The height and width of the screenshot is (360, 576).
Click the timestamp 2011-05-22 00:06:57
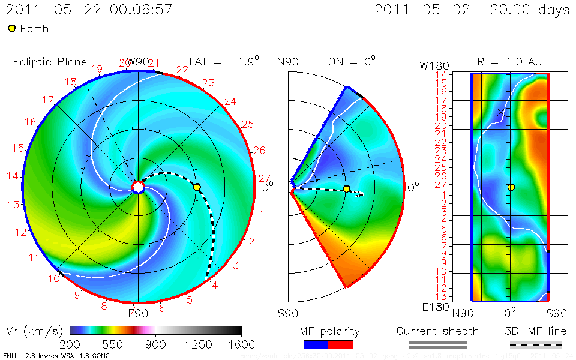(x=89, y=10)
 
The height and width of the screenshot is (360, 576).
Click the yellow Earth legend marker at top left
(x=11, y=28)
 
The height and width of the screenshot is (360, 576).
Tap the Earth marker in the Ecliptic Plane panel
(x=197, y=187)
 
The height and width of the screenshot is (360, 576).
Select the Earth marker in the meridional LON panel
(x=346, y=189)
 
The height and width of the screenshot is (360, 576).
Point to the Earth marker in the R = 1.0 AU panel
(x=511, y=187)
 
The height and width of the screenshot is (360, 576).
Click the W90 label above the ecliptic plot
(x=137, y=62)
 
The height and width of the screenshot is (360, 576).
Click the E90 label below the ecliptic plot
(x=137, y=312)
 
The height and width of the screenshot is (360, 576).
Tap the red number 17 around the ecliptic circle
(x=49, y=100)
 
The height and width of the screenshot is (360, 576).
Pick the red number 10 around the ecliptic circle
(x=55, y=278)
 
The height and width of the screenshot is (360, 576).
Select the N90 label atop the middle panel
(x=288, y=62)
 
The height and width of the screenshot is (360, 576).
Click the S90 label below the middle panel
(x=288, y=313)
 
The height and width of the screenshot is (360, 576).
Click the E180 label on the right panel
(x=433, y=308)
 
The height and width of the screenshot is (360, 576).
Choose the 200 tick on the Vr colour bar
(x=71, y=344)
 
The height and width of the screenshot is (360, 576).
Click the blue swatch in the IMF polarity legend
(x=316, y=344)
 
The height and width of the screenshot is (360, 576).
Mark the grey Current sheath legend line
(x=438, y=344)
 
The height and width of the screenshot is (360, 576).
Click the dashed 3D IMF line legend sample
(x=536, y=344)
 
